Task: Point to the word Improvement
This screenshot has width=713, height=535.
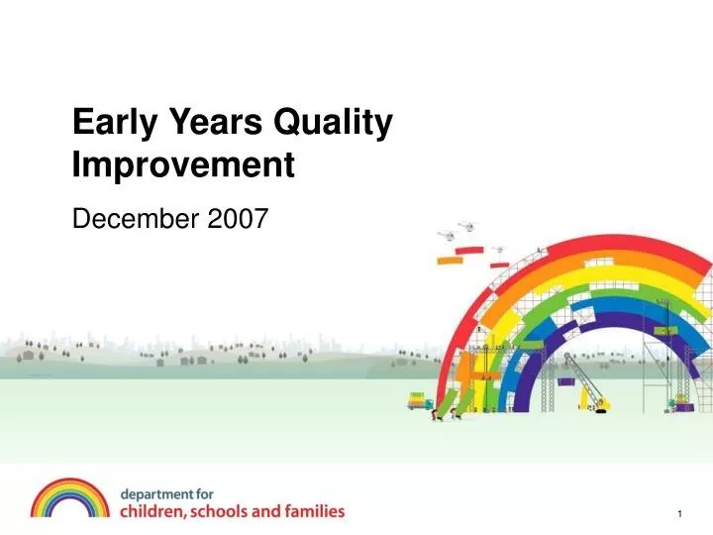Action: [184, 164]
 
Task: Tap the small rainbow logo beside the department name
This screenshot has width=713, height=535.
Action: [69, 498]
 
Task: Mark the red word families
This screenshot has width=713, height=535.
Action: [315, 512]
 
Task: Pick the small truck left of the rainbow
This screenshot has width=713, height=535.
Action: [421, 401]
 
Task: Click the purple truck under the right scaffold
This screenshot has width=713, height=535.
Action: [679, 402]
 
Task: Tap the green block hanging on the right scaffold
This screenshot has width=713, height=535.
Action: [665, 328]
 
